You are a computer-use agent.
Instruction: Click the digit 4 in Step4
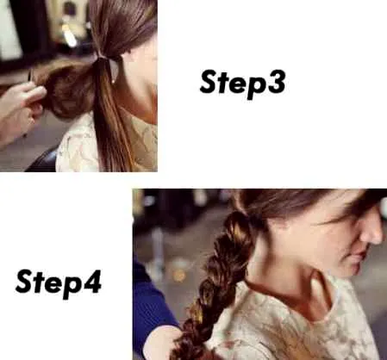pos(91,282)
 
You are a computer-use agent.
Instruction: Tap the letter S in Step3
pos(209,82)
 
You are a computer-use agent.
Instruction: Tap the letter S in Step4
pos(26,282)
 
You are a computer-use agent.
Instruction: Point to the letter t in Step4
pos(40,282)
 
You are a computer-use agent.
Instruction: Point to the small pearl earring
pos(114,82)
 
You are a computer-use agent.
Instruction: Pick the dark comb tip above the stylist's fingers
pos(30,75)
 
